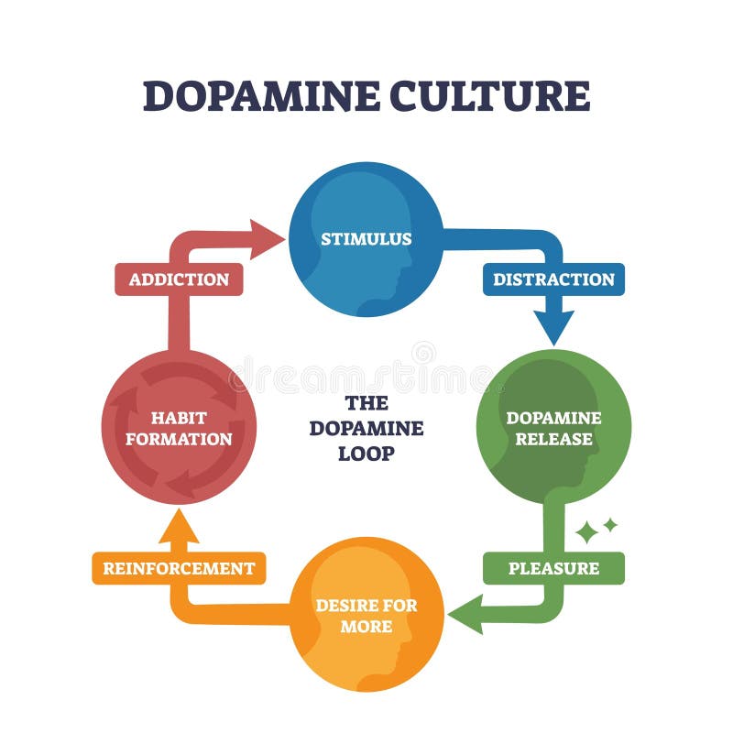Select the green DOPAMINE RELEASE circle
coord(553,427)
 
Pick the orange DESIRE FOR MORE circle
coord(366,615)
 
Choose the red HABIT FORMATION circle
coord(179,427)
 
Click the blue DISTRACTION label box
coord(553,279)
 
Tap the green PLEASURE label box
coord(553,568)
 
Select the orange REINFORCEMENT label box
coord(179,568)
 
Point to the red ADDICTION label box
coord(179,279)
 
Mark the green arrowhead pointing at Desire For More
coord(470,613)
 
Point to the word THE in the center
coord(366,403)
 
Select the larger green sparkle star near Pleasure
coord(586,532)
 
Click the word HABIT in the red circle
coord(179,418)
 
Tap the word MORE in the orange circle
coord(366,627)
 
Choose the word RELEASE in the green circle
coord(553,439)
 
